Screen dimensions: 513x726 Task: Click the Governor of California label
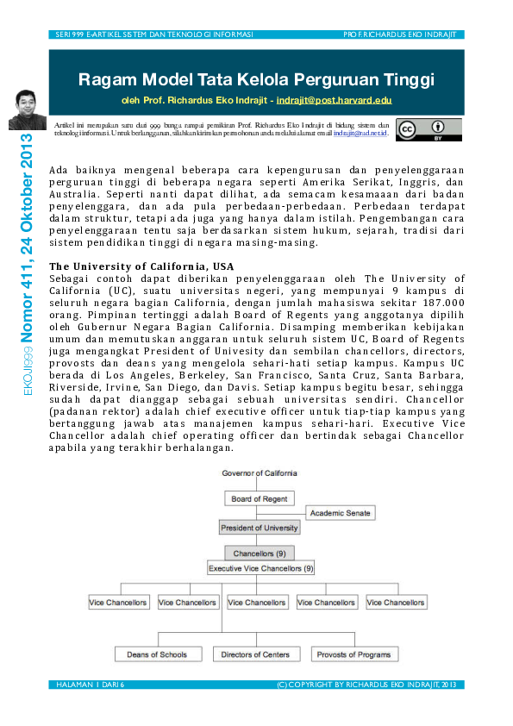click(x=260, y=473)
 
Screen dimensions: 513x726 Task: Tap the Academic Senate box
click(x=341, y=513)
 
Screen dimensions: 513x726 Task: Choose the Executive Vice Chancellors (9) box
click(x=261, y=569)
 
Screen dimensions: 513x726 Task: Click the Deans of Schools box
click(x=156, y=654)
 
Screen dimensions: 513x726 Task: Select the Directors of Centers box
click(x=255, y=654)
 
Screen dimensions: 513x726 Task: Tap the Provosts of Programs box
click(x=353, y=654)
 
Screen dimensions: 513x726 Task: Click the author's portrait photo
click(x=27, y=110)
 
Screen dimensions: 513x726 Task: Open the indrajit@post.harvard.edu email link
click(x=334, y=101)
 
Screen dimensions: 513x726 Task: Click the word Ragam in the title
click(x=106, y=81)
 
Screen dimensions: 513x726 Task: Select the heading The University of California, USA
click(x=141, y=266)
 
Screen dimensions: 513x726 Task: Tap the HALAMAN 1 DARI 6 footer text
click(x=91, y=685)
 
